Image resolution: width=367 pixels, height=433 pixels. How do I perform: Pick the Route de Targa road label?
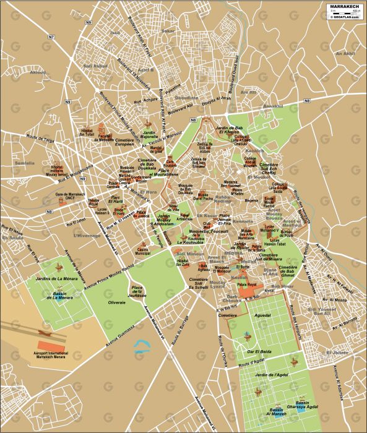(35, 139)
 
